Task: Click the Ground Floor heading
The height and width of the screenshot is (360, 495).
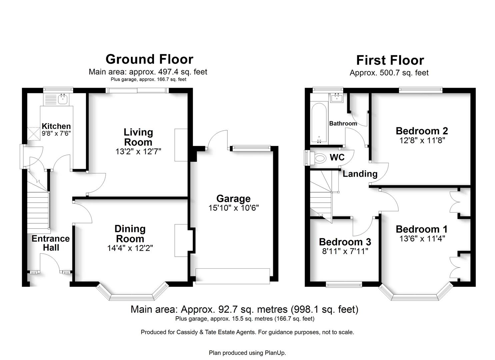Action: [x=149, y=59]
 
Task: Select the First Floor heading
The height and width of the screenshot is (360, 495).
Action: [x=390, y=60]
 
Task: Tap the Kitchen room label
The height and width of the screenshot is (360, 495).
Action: [x=56, y=126]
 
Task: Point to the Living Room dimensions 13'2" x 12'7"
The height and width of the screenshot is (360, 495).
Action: [x=138, y=152]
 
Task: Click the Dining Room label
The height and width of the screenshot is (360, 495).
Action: [x=130, y=234]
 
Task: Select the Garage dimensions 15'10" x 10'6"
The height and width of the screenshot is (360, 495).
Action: [x=233, y=208]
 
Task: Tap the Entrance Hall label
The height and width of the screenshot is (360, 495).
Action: [x=51, y=243]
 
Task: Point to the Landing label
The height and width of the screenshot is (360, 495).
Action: [x=360, y=174]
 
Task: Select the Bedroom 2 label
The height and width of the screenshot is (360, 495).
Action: [x=422, y=131]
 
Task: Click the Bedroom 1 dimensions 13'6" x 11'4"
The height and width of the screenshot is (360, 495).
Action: [x=422, y=239]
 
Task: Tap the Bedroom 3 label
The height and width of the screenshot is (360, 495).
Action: [x=345, y=242]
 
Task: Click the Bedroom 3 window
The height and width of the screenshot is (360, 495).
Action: [x=344, y=284]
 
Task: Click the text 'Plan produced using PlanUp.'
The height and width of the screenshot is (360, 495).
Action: [x=247, y=353]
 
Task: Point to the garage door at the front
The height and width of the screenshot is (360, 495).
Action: [x=232, y=276]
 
